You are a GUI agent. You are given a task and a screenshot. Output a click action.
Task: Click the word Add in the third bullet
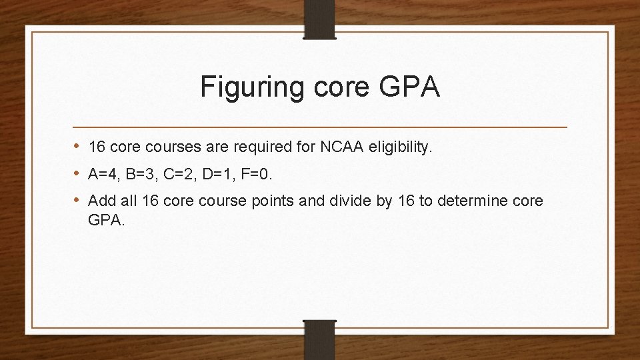100,201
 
